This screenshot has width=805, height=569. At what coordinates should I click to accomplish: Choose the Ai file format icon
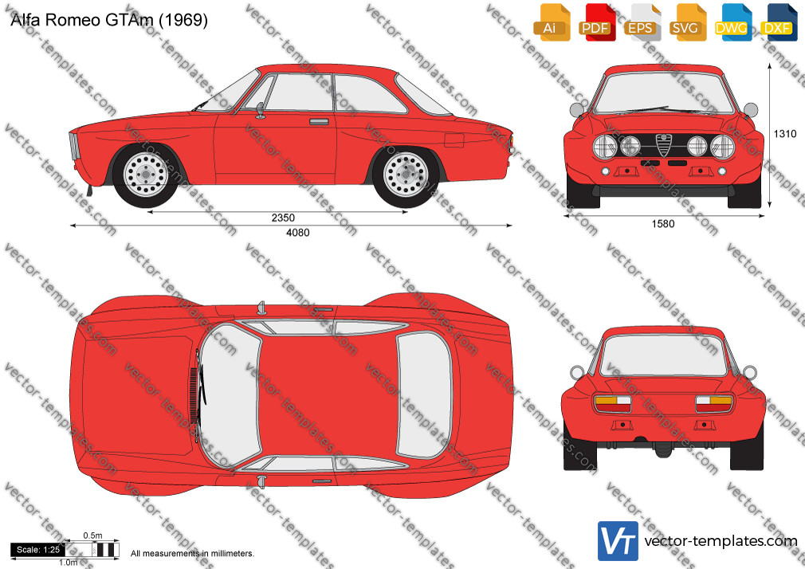[552, 22]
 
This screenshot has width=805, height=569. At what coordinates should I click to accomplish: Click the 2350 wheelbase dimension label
[283, 218]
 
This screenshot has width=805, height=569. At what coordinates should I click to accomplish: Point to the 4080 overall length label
[298, 233]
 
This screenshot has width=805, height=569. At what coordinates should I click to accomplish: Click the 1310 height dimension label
[785, 134]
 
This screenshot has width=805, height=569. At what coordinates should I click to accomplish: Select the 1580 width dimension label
[663, 224]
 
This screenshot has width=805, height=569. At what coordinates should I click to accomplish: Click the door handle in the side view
[319, 122]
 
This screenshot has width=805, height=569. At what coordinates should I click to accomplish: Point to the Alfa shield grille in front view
[663, 145]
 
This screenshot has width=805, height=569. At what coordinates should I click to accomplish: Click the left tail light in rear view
[612, 404]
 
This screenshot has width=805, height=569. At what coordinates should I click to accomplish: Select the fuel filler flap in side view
[454, 140]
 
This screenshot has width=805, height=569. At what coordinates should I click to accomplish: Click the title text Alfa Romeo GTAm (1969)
[109, 19]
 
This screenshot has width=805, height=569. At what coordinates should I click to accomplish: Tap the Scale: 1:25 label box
[38, 550]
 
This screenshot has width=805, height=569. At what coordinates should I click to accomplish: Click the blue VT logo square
[618, 541]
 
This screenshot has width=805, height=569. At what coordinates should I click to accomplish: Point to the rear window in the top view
[424, 394]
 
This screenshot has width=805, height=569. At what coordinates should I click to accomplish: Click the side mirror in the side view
[261, 110]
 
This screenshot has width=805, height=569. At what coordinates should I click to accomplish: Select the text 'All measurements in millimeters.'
[192, 554]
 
